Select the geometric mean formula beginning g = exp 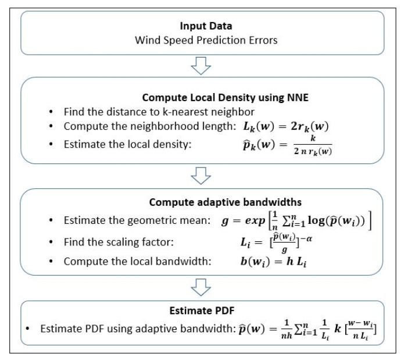pos(294,222)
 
